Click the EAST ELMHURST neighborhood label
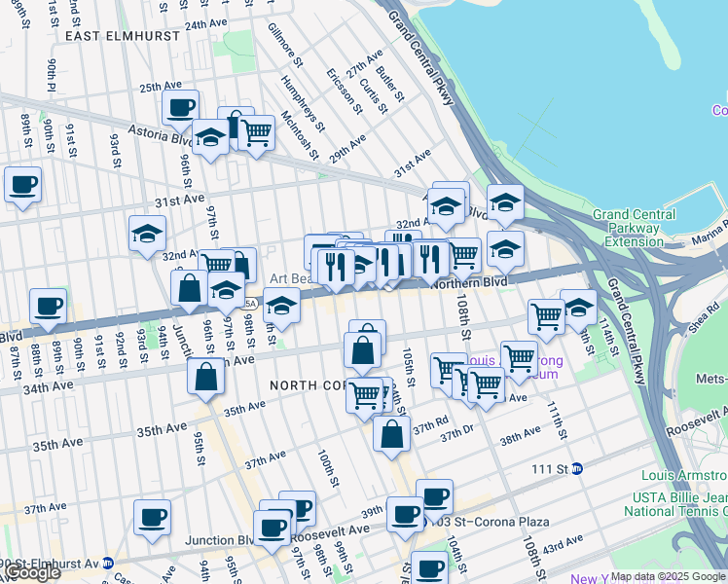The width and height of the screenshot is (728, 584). point(122,36)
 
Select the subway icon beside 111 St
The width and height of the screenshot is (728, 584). point(577,468)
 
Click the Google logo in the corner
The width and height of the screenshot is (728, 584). point(33,572)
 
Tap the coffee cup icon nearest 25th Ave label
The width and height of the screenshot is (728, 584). point(180,109)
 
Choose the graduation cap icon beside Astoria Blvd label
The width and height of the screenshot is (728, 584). point(209,139)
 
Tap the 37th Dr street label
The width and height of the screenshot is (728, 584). point(456,434)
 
